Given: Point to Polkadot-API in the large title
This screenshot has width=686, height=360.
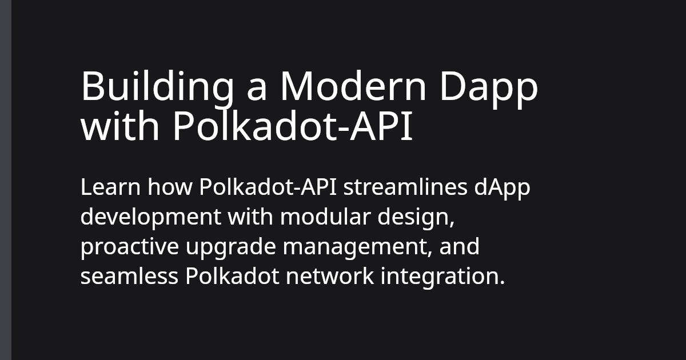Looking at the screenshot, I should point(292,128).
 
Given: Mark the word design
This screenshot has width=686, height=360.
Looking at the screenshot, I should point(414,217).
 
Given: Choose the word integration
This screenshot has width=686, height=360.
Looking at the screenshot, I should point(443,277).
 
